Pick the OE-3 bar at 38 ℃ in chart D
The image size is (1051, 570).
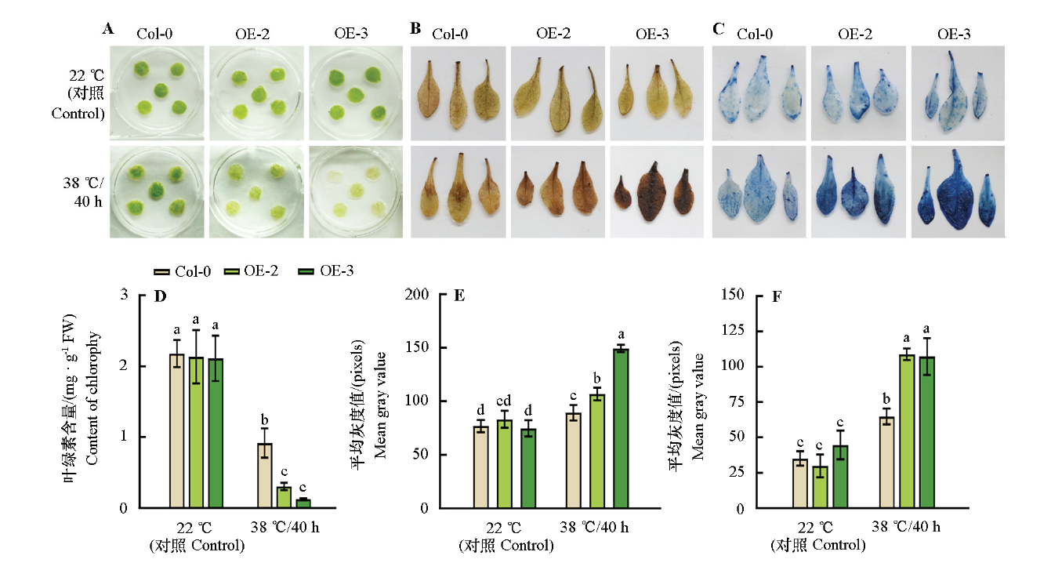click(303, 503)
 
